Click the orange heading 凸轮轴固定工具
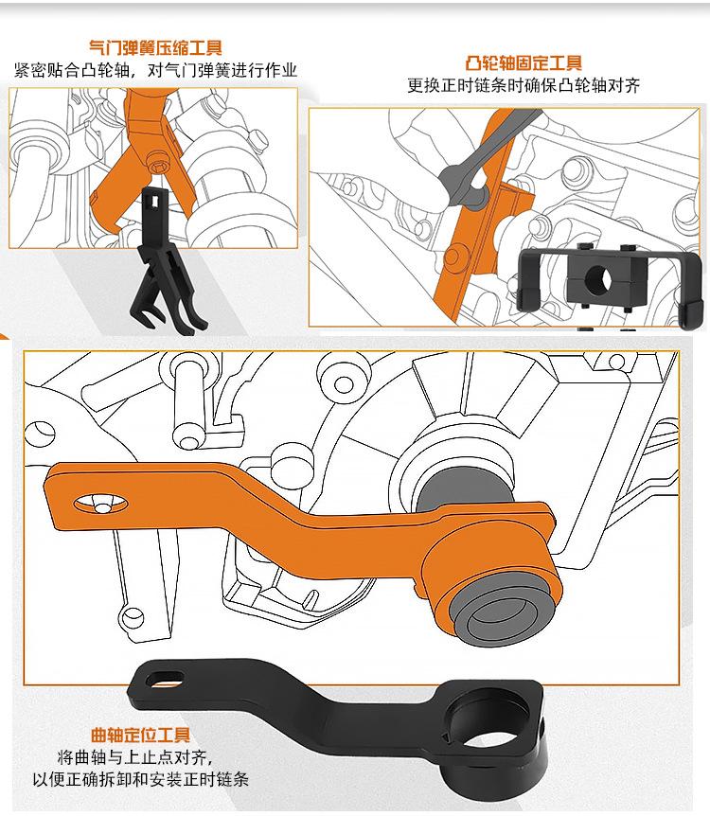(524, 64)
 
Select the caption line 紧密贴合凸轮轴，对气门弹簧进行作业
(155, 70)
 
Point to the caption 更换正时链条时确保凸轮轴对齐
(524, 85)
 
